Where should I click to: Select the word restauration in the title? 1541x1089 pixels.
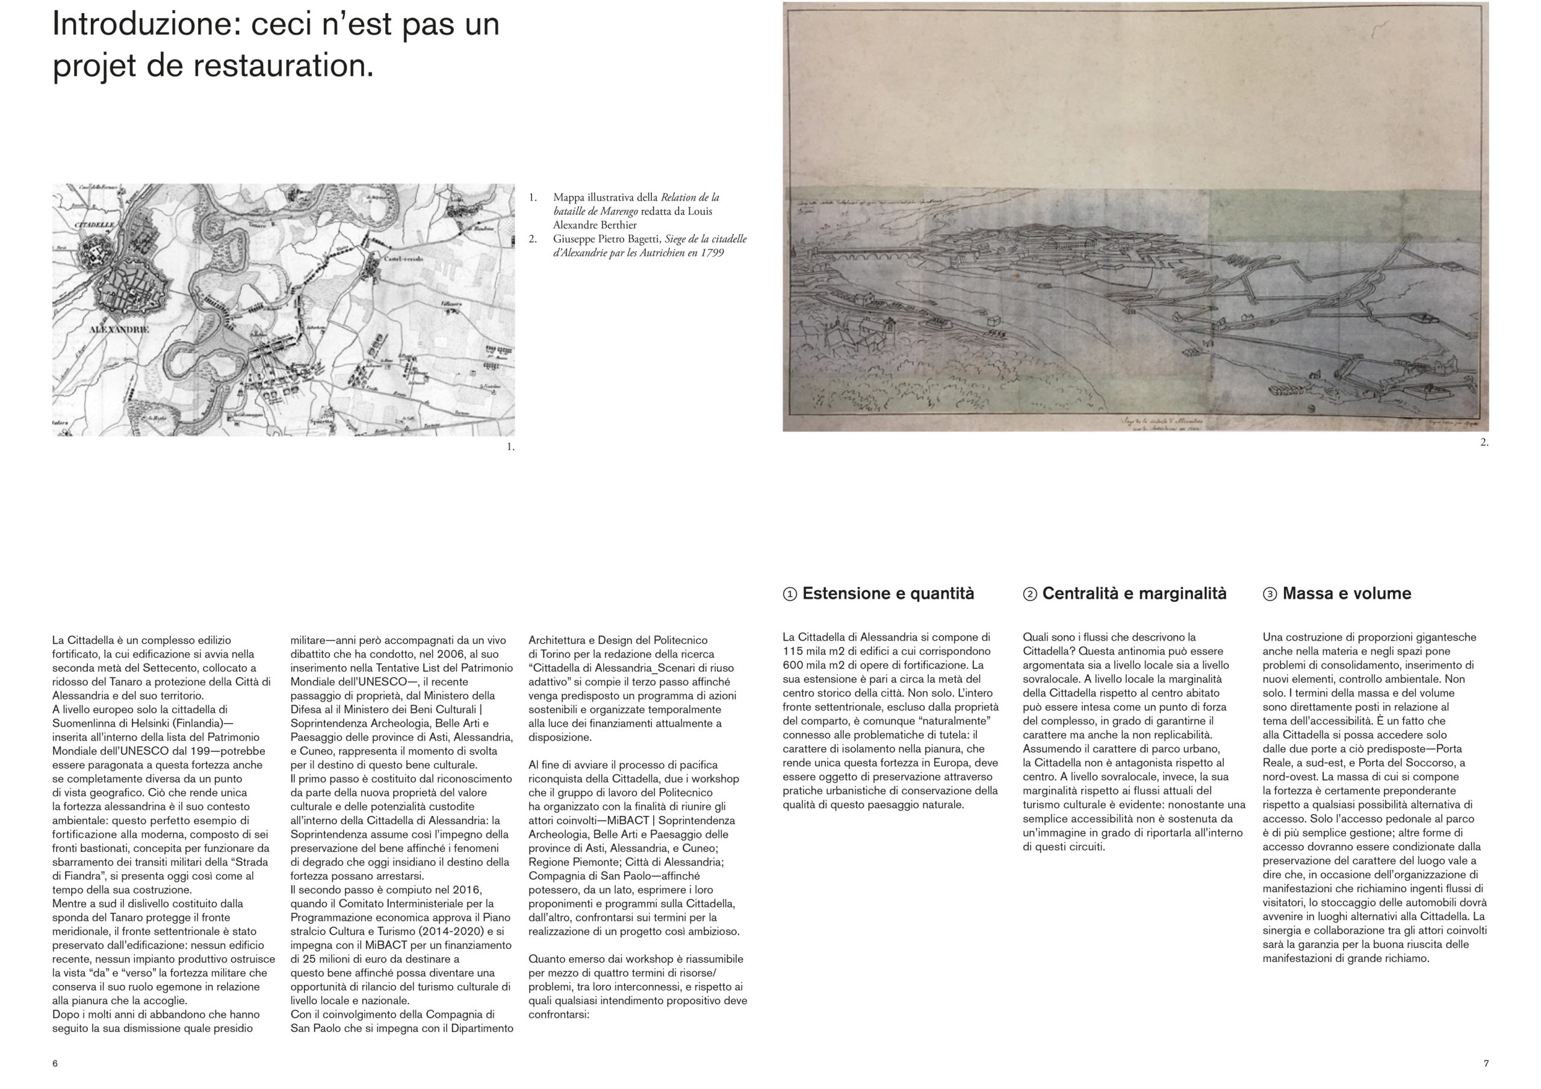point(279,66)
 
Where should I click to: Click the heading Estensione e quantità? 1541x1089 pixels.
point(887,593)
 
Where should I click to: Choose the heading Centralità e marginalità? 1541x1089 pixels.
point(1133,593)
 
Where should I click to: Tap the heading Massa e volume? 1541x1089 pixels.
point(1347,593)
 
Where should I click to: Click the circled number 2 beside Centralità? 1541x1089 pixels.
point(1029,594)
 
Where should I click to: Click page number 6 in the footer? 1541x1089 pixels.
point(55,1064)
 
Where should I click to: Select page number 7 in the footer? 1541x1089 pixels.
point(1486,1064)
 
